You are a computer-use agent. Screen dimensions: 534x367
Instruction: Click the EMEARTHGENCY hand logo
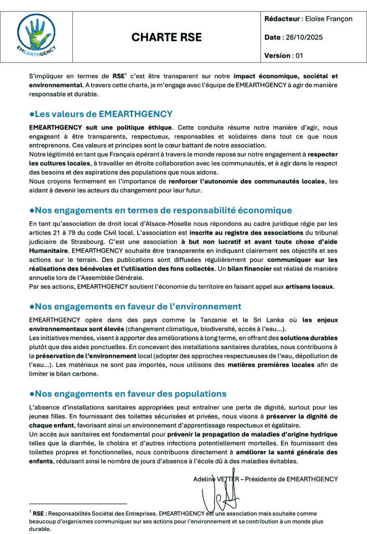click(x=36, y=36)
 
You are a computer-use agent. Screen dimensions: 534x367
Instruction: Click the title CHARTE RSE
click(x=167, y=38)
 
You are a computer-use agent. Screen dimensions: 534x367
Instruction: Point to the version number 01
click(x=298, y=55)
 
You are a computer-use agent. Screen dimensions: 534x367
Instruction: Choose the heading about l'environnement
click(x=135, y=306)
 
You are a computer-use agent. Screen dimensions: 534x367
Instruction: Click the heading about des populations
click(x=128, y=393)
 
